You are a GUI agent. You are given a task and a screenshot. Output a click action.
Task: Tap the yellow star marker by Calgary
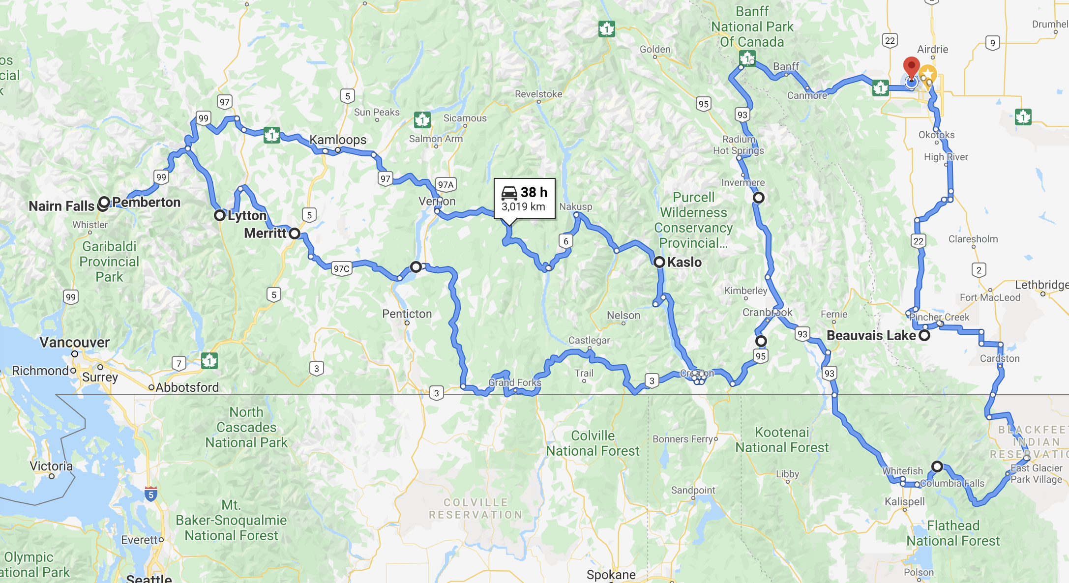click(927, 74)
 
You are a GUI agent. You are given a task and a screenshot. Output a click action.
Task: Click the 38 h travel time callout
click(524, 198)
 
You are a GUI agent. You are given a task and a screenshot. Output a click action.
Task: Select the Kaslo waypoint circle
click(659, 262)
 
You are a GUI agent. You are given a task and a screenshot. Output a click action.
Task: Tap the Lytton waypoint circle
click(220, 215)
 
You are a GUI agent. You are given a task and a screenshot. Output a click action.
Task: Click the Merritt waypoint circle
click(295, 233)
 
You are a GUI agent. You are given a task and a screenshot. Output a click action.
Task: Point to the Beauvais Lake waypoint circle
click(924, 335)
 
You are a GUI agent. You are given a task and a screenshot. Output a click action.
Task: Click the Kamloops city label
click(338, 140)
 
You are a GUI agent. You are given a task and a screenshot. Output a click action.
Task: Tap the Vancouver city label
click(74, 342)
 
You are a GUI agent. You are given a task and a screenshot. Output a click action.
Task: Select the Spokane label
click(611, 575)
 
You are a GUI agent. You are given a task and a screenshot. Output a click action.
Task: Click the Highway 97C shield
click(341, 268)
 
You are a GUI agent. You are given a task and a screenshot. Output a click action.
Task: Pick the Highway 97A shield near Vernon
click(446, 185)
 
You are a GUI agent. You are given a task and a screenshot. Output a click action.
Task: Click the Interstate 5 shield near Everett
click(151, 494)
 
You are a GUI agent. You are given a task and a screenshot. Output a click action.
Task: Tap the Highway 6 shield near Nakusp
click(566, 241)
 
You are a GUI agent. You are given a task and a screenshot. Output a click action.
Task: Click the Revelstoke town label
click(538, 94)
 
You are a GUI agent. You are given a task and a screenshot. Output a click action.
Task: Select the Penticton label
click(407, 314)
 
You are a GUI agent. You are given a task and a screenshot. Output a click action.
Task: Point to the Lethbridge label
click(1041, 285)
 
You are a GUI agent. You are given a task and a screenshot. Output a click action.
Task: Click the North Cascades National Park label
click(246, 427)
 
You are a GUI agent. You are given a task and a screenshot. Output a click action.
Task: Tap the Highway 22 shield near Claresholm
click(918, 241)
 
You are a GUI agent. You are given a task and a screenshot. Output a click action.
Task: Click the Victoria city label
click(51, 466)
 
